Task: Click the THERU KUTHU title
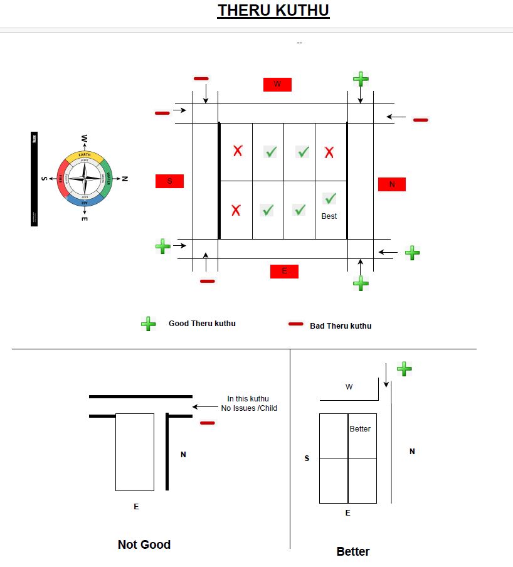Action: [x=273, y=11]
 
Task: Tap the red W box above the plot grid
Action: [x=277, y=84]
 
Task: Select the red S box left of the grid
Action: [x=169, y=181]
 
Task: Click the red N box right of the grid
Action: [x=392, y=184]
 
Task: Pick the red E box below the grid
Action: [x=284, y=271]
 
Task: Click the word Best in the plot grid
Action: [x=329, y=216]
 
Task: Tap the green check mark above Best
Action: [x=330, y=199]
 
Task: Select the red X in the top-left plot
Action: [x=238, y=151]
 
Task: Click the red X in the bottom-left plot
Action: [x=236, y=210]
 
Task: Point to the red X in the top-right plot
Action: [x=329, y=152]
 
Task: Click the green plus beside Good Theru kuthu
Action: [x=149, y=324]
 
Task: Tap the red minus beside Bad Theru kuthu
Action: [x=295, y=324]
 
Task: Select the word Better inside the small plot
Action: [x=360, y=429]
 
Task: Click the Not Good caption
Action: [x=144, y=544]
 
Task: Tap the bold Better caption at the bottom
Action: [x=353, y=551]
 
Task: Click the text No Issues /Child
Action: [x=249, y=408]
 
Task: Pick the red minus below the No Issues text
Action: [x=207, y=423]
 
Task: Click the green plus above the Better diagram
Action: [x=405, y=368]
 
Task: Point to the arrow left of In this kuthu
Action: [x=204, y=406]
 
